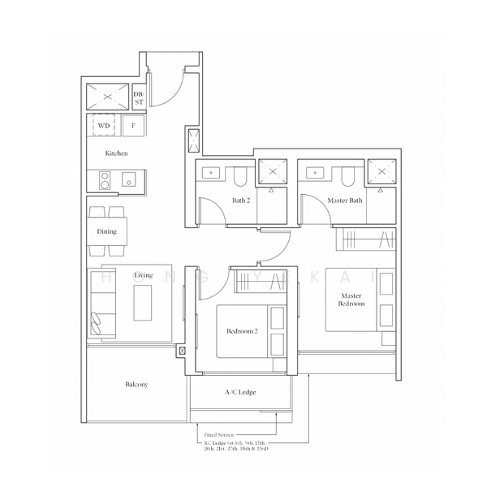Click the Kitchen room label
coord(116,153)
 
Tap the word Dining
coord(106,231)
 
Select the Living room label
coord(143,276)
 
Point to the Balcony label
coord(136,384)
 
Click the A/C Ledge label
coord(240,392)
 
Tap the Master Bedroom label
coord(352,300)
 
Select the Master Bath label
coord(344,200)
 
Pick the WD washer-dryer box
coord(104,126)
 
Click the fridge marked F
coord(132,126)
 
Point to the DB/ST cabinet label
coord(139,97)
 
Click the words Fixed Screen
coord(220,435)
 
